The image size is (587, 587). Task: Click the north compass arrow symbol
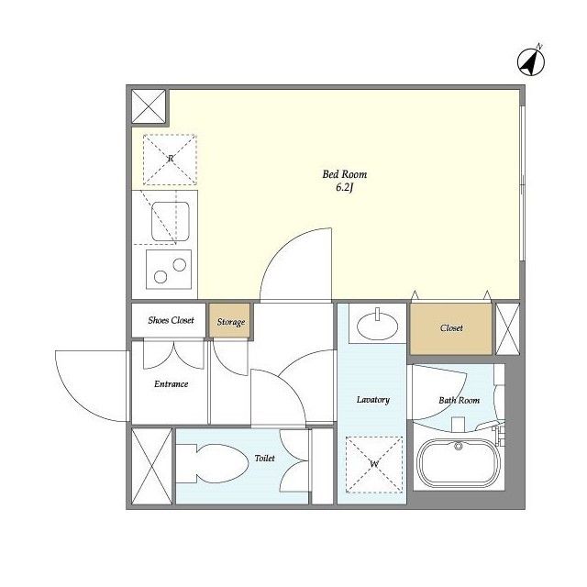click(531, 61)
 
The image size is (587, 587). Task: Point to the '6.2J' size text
click(344, 189)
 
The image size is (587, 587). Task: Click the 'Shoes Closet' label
click(171, 321)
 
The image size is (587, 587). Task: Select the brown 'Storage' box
click(231, 322)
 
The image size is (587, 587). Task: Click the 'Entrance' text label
click(171, 383)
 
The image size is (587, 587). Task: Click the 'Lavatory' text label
click(373, 400)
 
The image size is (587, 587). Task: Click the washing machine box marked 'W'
click(373, 464)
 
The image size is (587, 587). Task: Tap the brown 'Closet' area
click(451, 327)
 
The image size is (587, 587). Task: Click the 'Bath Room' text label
click(459, 400)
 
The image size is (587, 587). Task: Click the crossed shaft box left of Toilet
click(151, 465)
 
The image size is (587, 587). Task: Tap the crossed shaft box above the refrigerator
click(148, 107)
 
